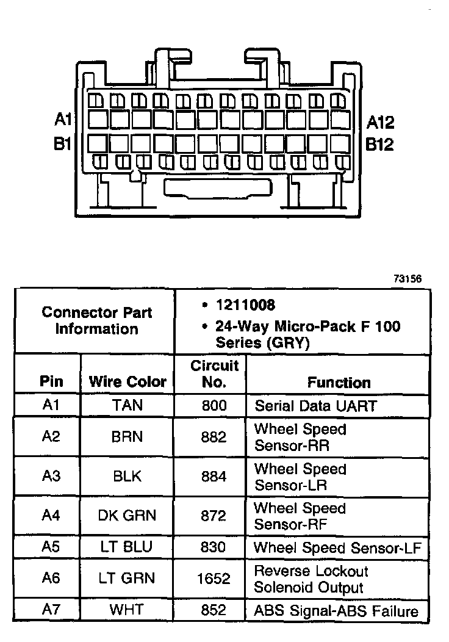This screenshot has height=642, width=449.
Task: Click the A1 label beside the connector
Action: pyautogui.click(x=63, y=119)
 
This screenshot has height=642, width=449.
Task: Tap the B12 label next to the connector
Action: pyautogui.click(x=379, y=145)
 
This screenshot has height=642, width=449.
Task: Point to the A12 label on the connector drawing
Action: pyautogui.click(x=380, y=123)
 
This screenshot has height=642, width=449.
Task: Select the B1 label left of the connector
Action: pyautogui.click(x=63, y=145)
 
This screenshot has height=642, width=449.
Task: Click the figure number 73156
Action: pyautogui.click(x=408, y=279)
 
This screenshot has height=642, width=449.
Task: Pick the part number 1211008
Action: pyautogui.click(x=245, y=305)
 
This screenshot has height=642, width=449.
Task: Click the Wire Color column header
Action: pyautogui.click(x=128, y=382)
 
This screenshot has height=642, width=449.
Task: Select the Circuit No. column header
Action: pyautogui.click(x=214, y=374)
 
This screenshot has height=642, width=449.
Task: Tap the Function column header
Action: pyautogui.click(x=339, y=383)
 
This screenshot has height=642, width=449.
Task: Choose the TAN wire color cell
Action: pyautogui.click(x=128, y=405)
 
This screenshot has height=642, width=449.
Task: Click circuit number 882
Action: pyautogui.click(x=214, y=437)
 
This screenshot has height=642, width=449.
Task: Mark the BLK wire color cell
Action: pyautogui.click(x=128, y=477)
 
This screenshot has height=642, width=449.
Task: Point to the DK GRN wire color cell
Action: pyautogui.click(x=128, y=516)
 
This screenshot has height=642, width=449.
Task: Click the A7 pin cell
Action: pyautogui.click(x=51, y=610)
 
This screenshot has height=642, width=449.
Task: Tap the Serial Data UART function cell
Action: pyautogui.click(x=315, y=406)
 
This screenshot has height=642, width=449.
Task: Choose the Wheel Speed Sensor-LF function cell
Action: pyautogui.click(x=337, y=547)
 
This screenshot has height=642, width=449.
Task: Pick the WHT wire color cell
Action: pyautogui.click(x=128, y=610)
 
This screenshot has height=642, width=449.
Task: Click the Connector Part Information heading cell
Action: pyautogui.click(x=97, y=321)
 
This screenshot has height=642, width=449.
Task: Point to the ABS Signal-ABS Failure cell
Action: pyautogui.click(x=336, y=611)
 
